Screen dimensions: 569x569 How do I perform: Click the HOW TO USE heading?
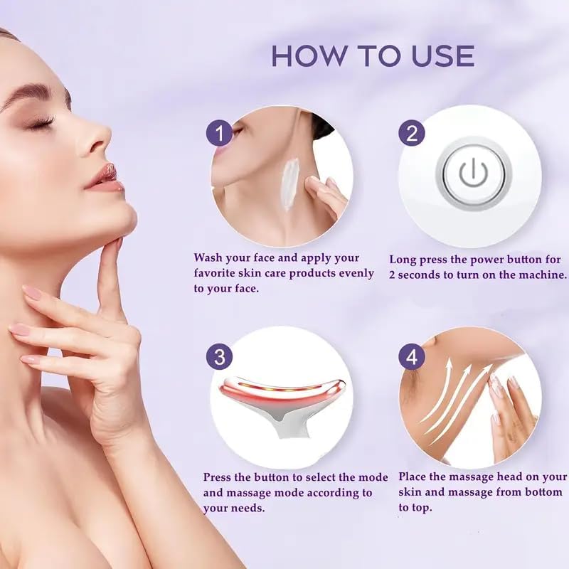(x=373, y=55)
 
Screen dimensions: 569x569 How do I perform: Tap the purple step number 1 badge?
(x=220, y=133)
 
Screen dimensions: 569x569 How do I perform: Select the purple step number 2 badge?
(x=411, y=133)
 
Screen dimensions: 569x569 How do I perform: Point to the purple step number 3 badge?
(x=220, y=356)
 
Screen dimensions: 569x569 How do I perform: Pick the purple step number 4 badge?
(x=411, y=356)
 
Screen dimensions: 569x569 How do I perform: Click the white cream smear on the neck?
(x=290, y=184)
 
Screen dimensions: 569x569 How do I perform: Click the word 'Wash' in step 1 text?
(x=210, y=257)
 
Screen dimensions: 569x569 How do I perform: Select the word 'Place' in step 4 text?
(x=415, y=477)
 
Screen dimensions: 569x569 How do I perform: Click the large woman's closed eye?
(x=41, y=123)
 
